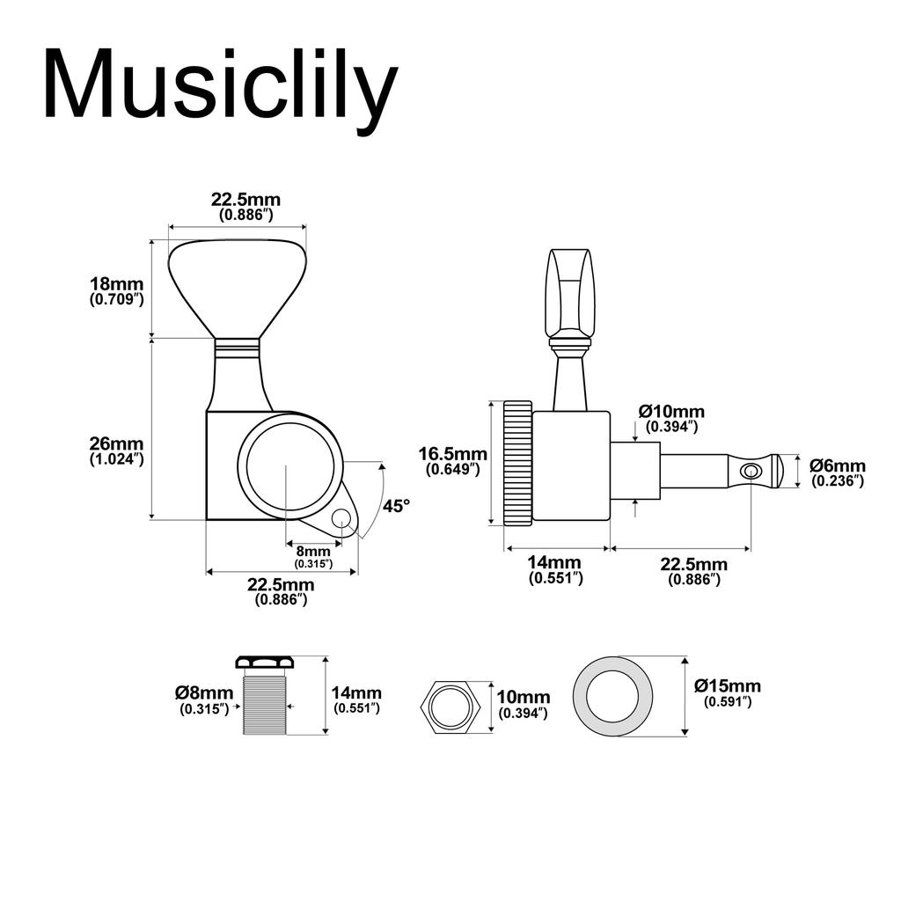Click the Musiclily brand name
tap(220, 84)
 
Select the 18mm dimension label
tap(116, 290)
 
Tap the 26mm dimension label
tap(116, 450)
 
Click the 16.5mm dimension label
tap(451, 460)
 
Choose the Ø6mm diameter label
tap(837, 472)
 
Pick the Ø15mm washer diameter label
tap(727, 692)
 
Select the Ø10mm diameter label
tap(671, 418)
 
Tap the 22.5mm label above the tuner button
tap(245, 205)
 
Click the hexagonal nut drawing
tap(451, 705)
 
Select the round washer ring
tap(613, 696)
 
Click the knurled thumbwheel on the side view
tap(517, 463)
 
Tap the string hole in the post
tap(750, 472)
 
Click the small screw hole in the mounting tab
tap(340, 521)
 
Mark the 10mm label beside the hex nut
tap(523, 705)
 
